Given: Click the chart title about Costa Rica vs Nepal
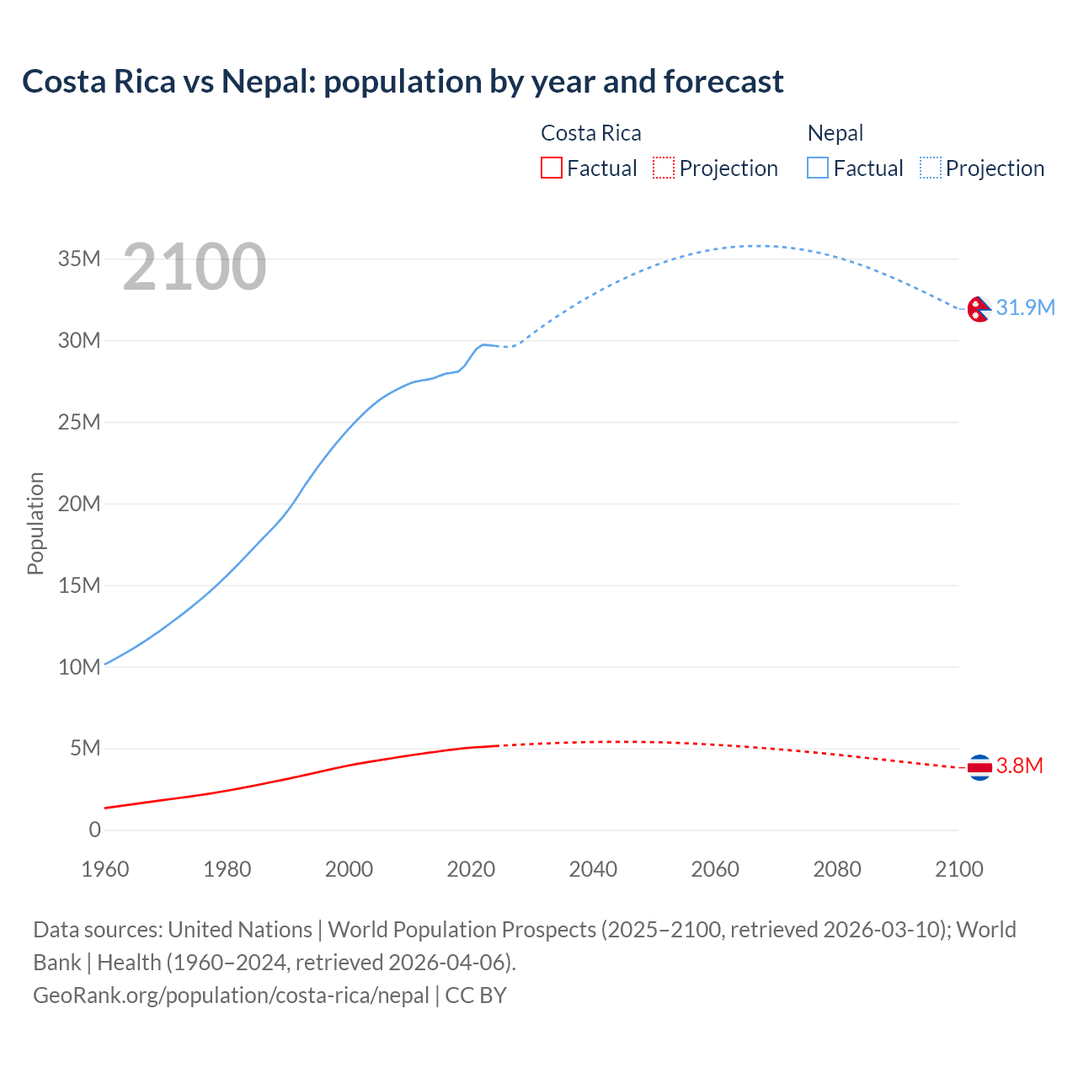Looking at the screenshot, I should point(403,82).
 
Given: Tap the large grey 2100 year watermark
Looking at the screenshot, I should point(195,267).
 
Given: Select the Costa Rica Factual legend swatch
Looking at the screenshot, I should point(551,168).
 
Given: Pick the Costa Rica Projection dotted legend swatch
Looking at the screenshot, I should point(664,168).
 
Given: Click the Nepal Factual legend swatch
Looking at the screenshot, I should point(818,168).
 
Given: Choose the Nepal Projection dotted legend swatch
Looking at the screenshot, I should point(931,168).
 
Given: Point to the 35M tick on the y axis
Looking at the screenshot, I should point(79,259).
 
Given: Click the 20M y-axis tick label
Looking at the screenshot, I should point(79,504).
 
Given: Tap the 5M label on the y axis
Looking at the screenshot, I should point(85,748).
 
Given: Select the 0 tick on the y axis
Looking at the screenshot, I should point(94,830).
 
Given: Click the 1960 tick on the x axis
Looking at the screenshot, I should point(105,869).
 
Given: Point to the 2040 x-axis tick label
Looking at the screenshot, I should point(593,869).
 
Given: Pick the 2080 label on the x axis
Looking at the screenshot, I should point(837,869).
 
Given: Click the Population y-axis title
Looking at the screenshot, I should point(35,523).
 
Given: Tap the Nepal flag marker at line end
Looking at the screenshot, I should point(979,309).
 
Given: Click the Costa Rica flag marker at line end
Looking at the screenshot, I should point(979,767).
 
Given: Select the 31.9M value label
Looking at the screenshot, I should point(1025,307).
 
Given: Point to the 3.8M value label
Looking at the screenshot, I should point(1019,766).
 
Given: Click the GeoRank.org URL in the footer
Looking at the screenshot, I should point(231,995).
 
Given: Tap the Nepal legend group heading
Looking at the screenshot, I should point(835,133).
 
